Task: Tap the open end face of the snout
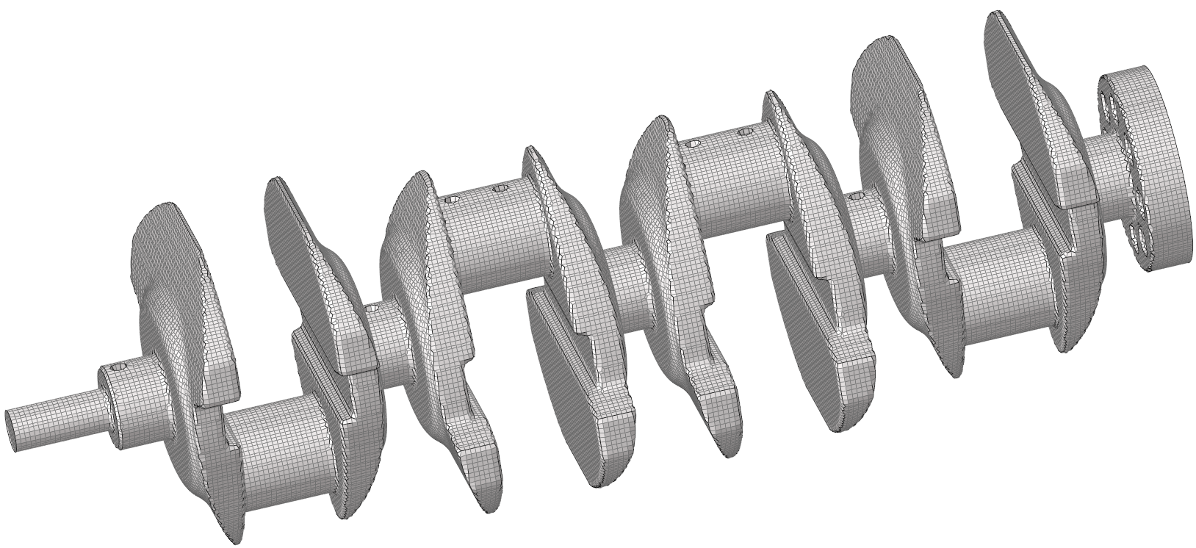tap(12, 429)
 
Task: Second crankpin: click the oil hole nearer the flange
tap(500, 189)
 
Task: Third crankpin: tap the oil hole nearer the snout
tap(691, 144)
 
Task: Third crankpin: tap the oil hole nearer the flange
tap(744, 132)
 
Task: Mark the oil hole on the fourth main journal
tap(855, 197)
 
